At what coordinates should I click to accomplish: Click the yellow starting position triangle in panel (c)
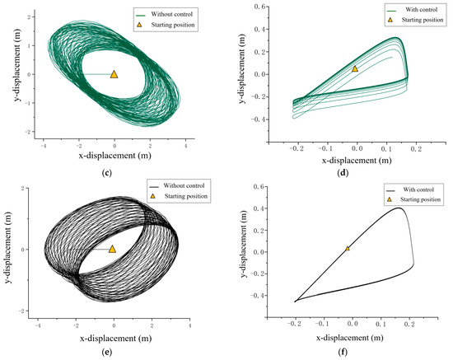[x=114, y=74]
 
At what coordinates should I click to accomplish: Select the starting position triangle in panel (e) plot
[x=113, y=249]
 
